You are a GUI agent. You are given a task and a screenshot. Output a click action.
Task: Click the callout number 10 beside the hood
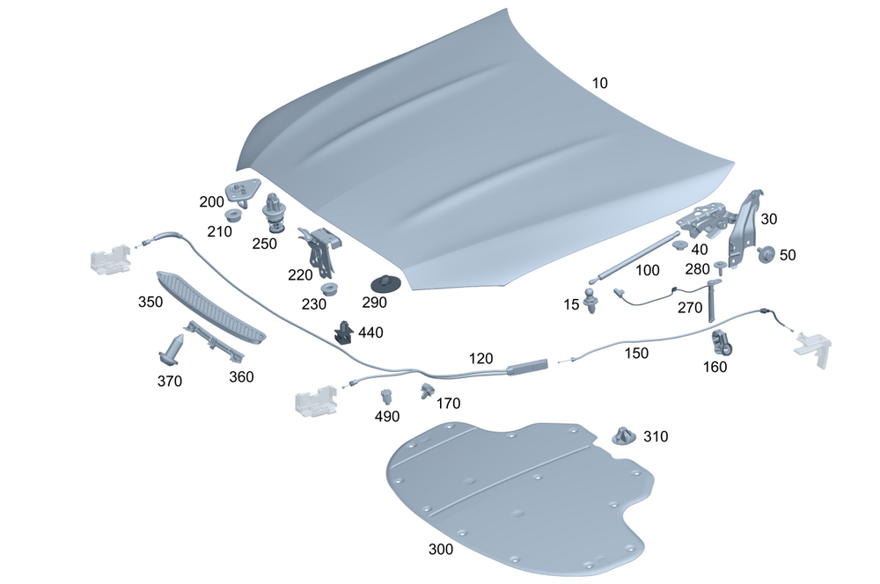click(599, 84)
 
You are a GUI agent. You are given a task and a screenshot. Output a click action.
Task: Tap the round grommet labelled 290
click(385, 283)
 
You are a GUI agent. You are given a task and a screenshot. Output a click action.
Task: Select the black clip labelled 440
click(344, 332)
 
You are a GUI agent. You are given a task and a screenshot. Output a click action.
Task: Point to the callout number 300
click(440, 550)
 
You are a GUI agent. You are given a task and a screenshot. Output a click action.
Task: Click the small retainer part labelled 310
click(623, 435)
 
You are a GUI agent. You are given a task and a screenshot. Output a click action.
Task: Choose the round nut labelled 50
click(765, 255)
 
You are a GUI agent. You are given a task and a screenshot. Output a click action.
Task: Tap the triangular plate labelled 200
click(242, 189)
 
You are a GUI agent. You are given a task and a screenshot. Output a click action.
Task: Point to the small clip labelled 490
click(385, 397)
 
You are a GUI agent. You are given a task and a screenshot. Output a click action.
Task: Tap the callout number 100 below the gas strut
click(647, 271)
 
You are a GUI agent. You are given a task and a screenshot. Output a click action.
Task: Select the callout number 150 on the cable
click(636, 353)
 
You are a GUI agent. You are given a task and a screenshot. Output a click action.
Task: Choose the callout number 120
click(480, 358)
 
